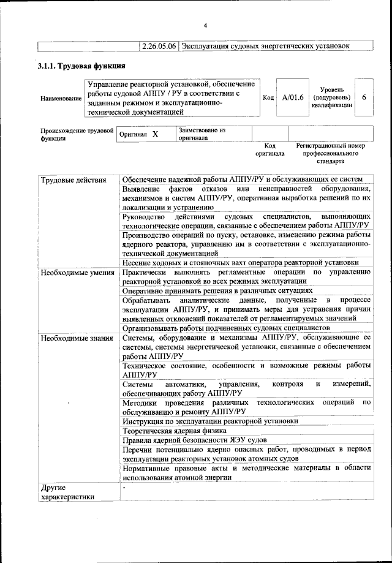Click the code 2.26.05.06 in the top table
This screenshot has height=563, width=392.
[159, 45]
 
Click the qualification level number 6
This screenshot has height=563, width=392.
[364, 97]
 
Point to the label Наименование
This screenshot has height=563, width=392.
[61, 98]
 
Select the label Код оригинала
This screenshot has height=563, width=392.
[270, 149]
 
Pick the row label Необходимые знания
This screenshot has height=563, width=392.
[75, 337]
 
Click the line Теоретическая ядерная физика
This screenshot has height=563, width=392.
[175, 431]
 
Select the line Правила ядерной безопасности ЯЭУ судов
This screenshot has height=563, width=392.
[194, 440]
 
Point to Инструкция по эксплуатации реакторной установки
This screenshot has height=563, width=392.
[210, 421]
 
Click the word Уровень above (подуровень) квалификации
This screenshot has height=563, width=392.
[331, 89]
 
